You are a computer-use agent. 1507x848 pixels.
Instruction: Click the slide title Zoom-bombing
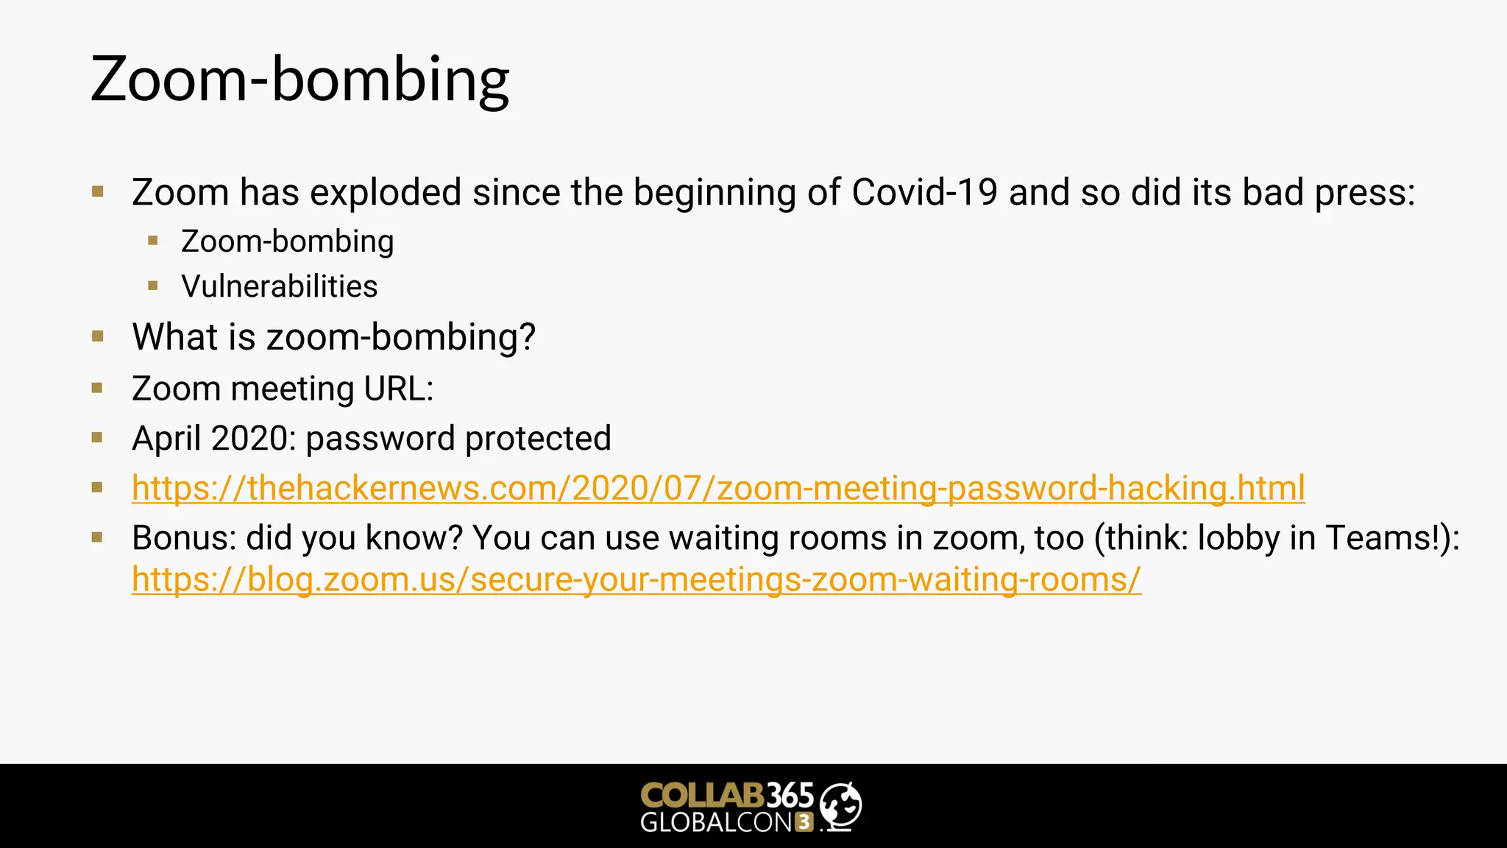pyautogui.click(x=299, y=79)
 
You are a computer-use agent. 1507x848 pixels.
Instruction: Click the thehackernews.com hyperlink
pyautogui.click(x=717, y=488)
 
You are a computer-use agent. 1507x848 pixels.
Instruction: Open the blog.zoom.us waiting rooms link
pyautogui.click(x=636, y=579)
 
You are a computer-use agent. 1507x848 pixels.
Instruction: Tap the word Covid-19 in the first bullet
pyautogui.click(x=924, y=193)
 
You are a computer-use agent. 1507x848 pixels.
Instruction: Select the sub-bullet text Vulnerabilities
pyautogui.click(x=279, y=286)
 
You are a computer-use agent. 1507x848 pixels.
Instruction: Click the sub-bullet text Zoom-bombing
pyautogui.click(x=287, y=241)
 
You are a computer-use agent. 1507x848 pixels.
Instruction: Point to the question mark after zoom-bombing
pyautogui.click(x=527, y=337)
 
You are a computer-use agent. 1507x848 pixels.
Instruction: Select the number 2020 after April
pyautogui.click(x=253, y=439)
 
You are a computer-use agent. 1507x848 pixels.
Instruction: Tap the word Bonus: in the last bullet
pyautogui.click(x=184, y=538)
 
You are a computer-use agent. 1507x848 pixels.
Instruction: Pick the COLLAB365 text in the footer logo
pyautogui.click(x=726, y=796)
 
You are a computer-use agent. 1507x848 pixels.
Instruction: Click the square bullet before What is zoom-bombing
pyautogui.click(x=98, y=337)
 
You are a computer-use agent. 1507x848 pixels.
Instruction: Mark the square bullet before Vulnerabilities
pyautogui.click(x=153, y=286)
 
